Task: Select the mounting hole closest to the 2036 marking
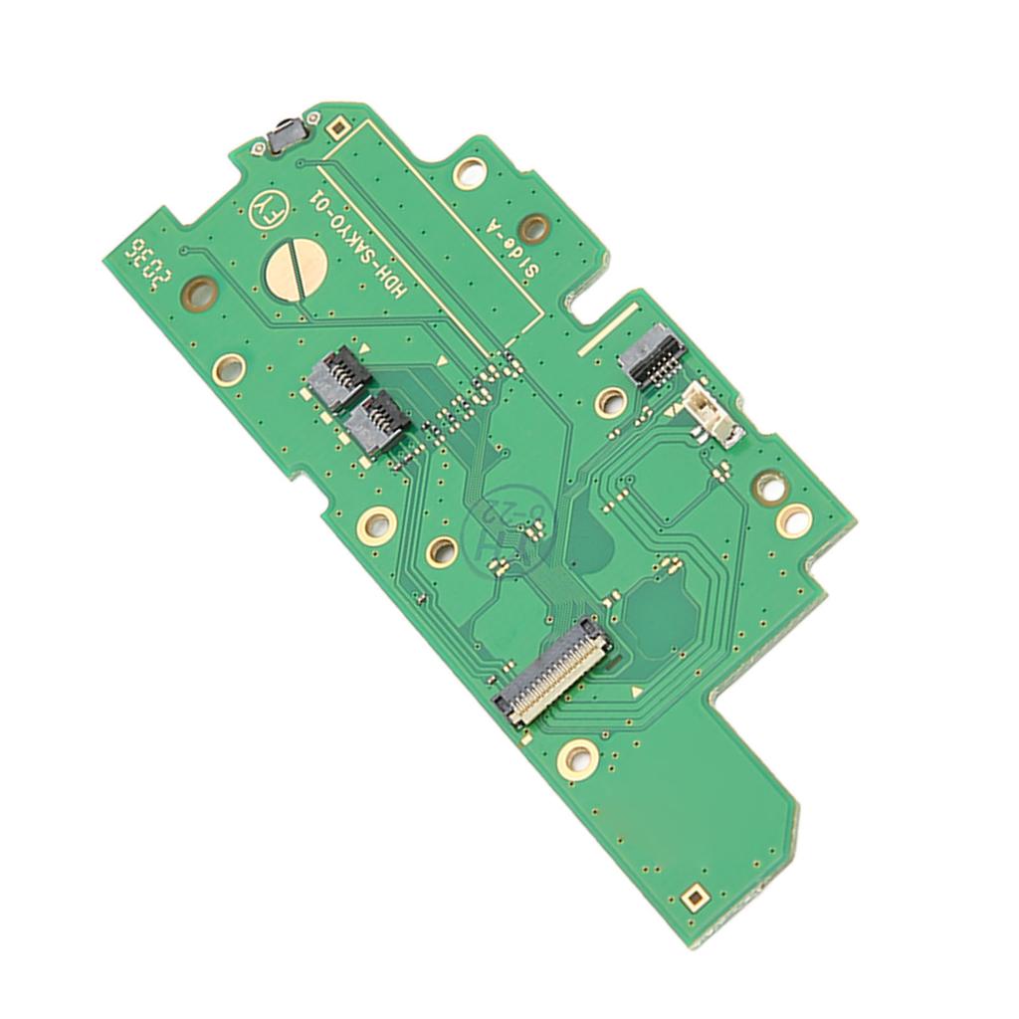[x=199, y=293]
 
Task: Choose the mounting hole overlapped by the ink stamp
[x=440, y=551]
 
